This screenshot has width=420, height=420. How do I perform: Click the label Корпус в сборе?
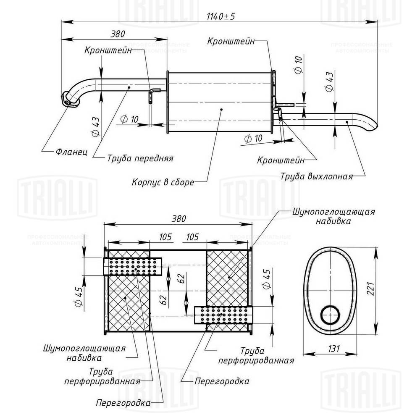click(163, 182)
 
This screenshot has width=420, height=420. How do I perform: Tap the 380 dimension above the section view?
click(178, 219)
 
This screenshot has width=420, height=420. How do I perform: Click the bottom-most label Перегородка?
click(123, 403)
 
